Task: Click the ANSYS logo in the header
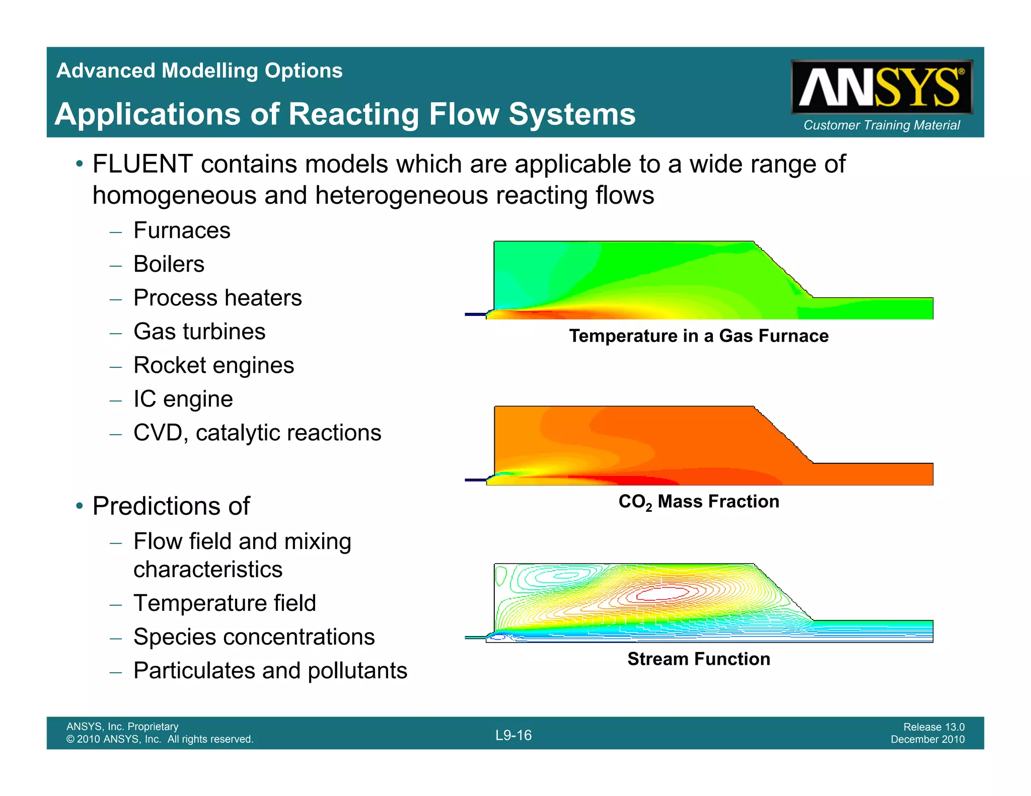[881, 87]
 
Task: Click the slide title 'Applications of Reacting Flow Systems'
[345, 114]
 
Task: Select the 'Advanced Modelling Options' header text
[199, 71]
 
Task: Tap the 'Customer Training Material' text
[881, 125]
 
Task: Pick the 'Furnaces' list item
[182, 231]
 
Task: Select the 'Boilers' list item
[169, 265]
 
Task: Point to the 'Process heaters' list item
[217, 298]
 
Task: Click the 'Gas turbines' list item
[199, 332]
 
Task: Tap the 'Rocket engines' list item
[213, 366]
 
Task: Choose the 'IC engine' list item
[183, 400]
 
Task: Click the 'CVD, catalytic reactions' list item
[257, 433]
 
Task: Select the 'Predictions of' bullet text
[171, 506]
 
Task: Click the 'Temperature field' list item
[225, 603]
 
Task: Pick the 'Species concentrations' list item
[254, 637]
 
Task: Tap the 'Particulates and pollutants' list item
[270, 671]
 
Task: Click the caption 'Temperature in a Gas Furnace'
[699, 336]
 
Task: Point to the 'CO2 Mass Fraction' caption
[699, 502]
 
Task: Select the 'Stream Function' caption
[699, 659]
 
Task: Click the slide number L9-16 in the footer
[513, 736]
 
